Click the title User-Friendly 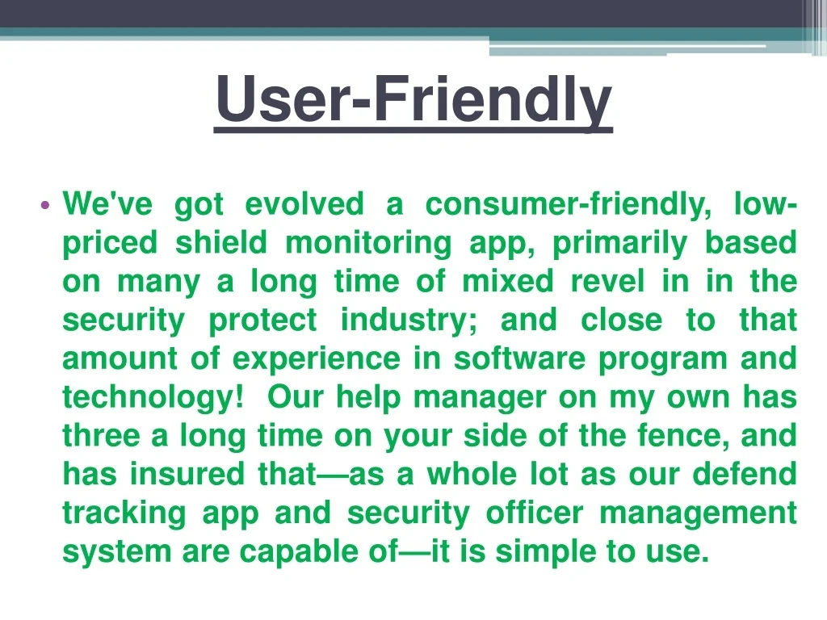click(413, 100)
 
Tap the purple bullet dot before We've click(45, 205)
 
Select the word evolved click(304, 204)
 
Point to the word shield click(221, 242)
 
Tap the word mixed click(508, 281)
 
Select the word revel click(608, 281)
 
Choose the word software click(519, 358)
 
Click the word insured click(187, 473)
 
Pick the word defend click(744, 473)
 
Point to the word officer click(535, 513)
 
